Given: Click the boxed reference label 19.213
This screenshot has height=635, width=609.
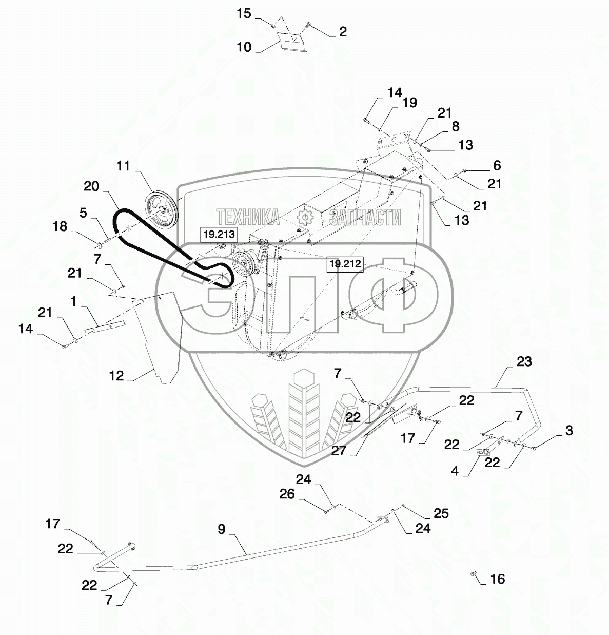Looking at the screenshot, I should tap(218, 235).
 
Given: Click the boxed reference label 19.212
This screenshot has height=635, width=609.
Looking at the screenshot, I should tap(345, 264).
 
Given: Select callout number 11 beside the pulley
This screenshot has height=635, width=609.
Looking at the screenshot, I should tap(123, 166).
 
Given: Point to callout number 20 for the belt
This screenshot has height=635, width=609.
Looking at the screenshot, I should tap(91, 186).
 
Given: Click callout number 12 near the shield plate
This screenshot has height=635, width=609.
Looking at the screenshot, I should tap(116, 376).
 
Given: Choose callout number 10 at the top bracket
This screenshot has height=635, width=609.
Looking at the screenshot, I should tap(244, 47).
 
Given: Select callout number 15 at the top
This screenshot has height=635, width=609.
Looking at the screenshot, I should tap(244, 13).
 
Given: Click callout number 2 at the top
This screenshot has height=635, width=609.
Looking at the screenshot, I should tap(343, 32).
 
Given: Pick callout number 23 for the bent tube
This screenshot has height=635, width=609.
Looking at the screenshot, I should tap(524, 361).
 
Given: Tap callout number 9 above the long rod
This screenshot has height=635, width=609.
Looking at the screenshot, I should tap(221, 529).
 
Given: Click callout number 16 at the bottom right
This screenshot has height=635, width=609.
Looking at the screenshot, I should tap(497, 579).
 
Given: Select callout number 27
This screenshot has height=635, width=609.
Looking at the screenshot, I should tap(339, 451).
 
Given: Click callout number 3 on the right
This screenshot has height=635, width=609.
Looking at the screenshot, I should tap(568, 430).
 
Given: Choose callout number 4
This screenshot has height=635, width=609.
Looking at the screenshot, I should tap(455, 470).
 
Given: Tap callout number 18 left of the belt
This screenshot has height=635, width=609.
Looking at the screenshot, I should tap(60, 226).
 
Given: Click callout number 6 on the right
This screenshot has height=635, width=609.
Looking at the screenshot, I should tap(497, 165).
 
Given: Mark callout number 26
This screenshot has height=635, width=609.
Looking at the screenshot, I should tap(287, 494).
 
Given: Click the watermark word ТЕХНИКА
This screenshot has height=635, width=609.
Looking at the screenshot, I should tap(248, 218).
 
